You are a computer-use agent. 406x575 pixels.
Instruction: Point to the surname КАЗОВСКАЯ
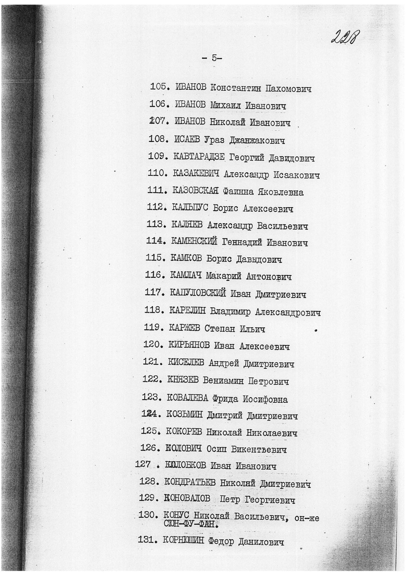click(195, 191)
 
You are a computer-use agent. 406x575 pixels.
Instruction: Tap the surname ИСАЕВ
click(187, 140)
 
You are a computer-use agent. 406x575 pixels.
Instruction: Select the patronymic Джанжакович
click(257, 140)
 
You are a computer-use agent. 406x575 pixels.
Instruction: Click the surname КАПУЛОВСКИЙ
click(198, 293)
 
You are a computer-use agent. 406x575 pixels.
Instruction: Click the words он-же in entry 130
click(306, 518)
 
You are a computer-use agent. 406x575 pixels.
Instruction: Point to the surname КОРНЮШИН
click(183, 541)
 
